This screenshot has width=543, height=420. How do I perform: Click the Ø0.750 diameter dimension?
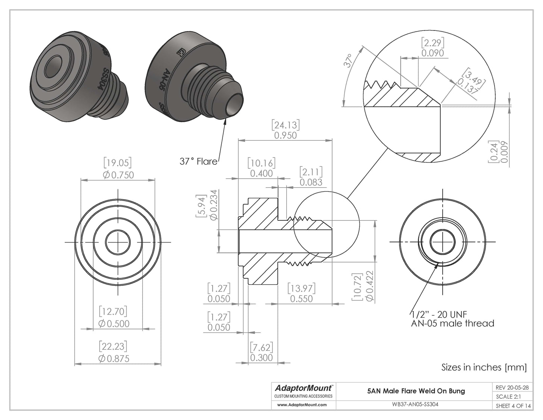click(118, 174)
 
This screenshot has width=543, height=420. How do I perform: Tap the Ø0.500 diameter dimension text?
click(114, 324)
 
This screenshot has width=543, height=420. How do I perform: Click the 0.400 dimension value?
click(262, 173)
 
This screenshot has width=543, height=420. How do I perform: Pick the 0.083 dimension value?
click(311, 182)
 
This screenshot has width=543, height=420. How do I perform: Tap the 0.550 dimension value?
click(301, 299)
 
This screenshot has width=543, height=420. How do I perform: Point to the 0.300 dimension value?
click(262, 357)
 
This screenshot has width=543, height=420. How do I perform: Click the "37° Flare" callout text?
click(198, 162)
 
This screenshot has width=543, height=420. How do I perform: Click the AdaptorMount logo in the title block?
click(303, 388)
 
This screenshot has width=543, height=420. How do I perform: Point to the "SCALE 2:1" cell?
click(508, 396)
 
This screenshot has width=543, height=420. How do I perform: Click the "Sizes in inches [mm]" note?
click(484, 367)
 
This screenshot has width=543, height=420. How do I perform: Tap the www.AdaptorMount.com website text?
click(301, 405)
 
